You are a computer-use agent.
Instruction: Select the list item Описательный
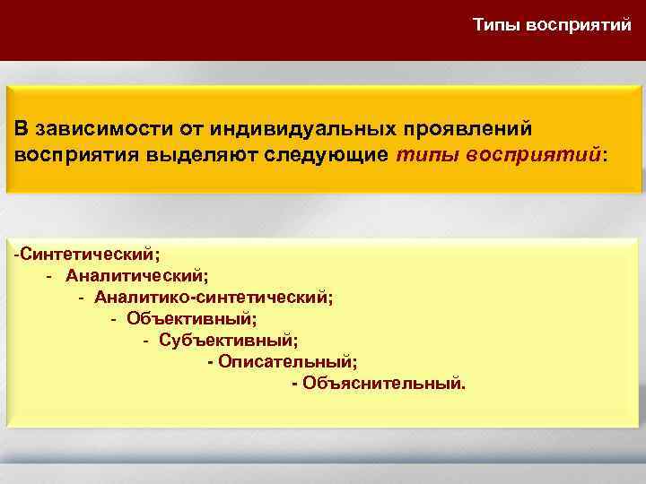(x=286, y=362)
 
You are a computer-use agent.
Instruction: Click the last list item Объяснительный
(x=384, y=384)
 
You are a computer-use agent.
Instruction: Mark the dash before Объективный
(x=113, y=319)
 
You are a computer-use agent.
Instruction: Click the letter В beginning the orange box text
(x=20, y=130)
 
